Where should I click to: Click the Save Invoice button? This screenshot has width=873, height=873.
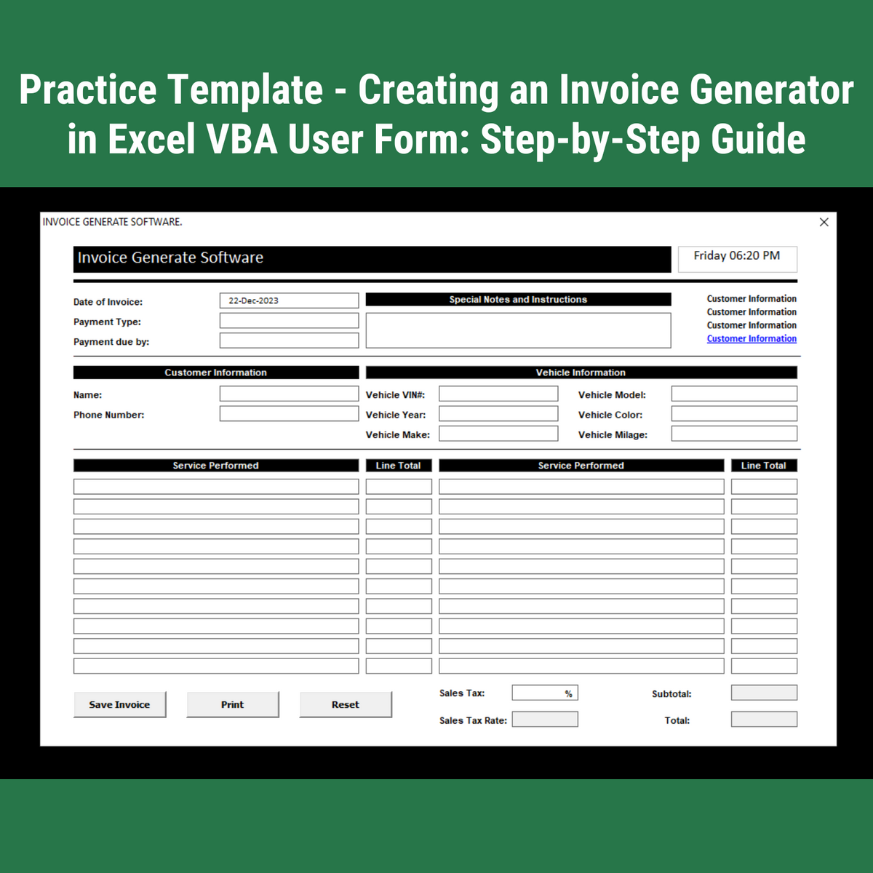tap(119, 704)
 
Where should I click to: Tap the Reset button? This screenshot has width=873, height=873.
tap(346, 704)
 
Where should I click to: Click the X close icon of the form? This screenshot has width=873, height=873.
tap(824, 222)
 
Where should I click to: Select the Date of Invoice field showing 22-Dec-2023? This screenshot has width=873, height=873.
tap(289, 300)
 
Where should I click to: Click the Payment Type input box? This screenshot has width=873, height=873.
tap(289, 320)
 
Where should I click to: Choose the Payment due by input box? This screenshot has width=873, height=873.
tap(289, 340)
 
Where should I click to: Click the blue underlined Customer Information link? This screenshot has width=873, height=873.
tap(752, 338)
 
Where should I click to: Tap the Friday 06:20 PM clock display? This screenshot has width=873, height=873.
tap(737, 259)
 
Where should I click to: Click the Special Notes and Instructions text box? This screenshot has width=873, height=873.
tap(518, 330)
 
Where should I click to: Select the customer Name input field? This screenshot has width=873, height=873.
tap(289, 394)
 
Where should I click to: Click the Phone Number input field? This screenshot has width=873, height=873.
tap(289, 413)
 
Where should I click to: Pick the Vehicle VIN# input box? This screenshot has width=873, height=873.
tap(498, 394)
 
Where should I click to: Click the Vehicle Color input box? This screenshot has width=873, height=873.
tap(734, 413)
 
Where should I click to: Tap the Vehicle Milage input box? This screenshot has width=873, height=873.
tap(734, 433)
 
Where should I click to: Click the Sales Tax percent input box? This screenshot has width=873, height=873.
tap(545, 693)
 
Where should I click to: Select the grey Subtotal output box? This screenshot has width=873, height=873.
tap(764, 693)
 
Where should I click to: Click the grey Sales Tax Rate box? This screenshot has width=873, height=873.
tap(545, 719)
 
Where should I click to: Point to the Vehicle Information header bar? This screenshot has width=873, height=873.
tap(581, 372)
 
